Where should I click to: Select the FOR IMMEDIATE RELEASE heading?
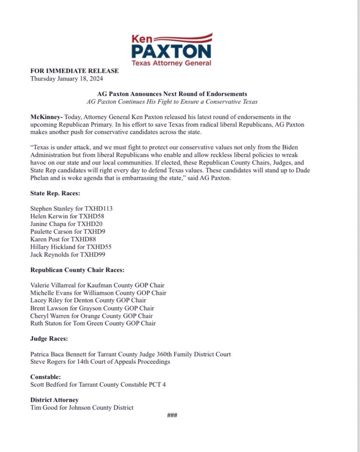pyautogui.click(x=74, y=71)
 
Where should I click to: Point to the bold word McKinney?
pyautogui.click(x=46, y=117)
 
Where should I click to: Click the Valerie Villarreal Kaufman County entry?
pyautogui.click(x=97, y=285)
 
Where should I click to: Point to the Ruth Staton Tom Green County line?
pyautogui.click(x=93, y=323)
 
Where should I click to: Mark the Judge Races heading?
pyautogui.click(x=49, y=339)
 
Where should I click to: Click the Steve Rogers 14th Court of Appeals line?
pyautogui.click(x=100, y=362)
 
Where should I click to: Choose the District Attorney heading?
pyautogui.click(x=54, y=400)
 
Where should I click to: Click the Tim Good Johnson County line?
pyautogui.click(x=82, y=407)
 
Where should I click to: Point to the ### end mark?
pyautogui.click(x=172, y=415)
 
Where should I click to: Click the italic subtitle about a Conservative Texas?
pyautogui.click(x=172, y=102)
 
